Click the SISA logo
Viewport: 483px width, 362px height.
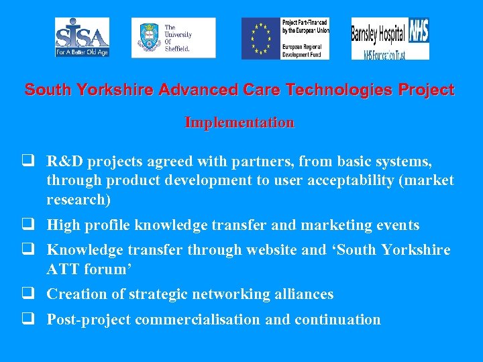point(82,37)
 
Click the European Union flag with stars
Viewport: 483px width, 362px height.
point(261,38)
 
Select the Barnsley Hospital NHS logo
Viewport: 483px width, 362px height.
point(390,38)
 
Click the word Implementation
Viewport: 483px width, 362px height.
point(239,123)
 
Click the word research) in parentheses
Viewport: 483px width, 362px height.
point(78,200)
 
